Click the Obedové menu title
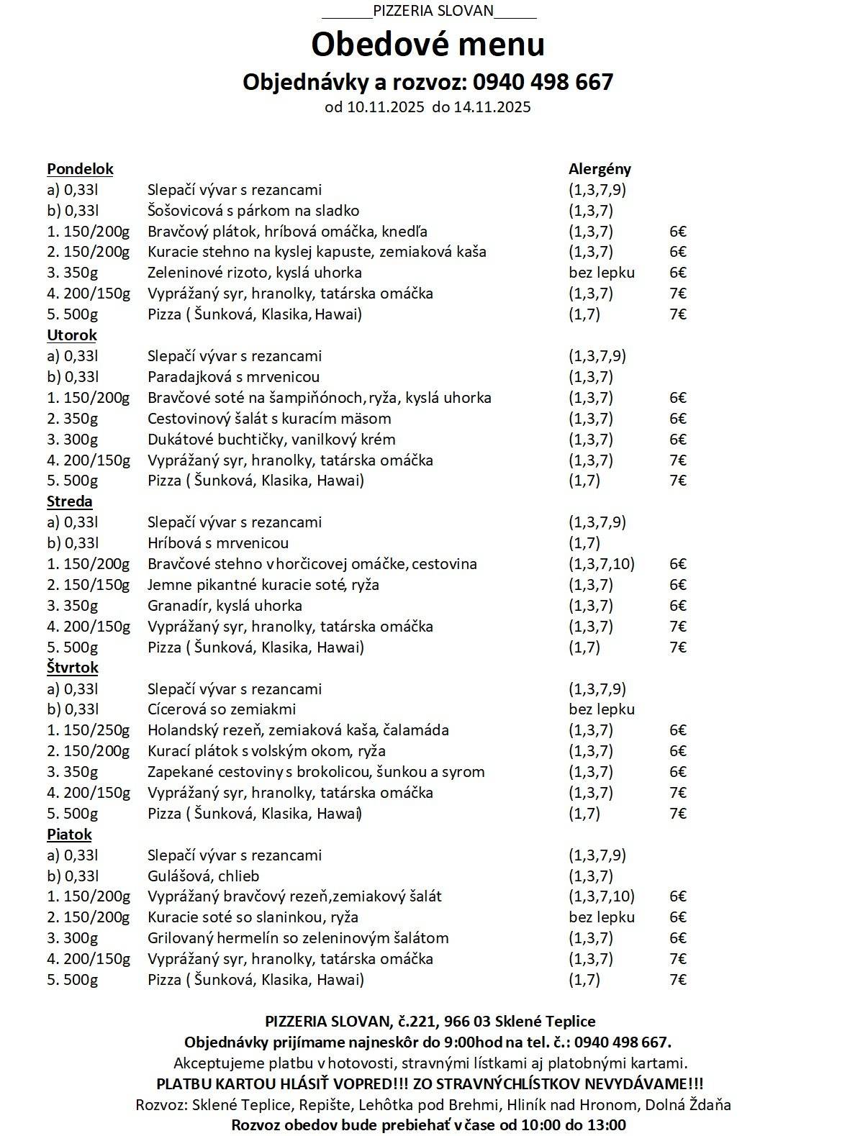coord(428,45)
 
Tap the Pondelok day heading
coord(80,169)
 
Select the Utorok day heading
coord(72,335)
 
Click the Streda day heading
coord(70,501)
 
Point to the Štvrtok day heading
coord(73,668)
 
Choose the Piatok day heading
coord(69,835)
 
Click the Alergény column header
coord(600,169)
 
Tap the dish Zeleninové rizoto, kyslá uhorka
coord(254,273)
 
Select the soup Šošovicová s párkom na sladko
coord(253,211)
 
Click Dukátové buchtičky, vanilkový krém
coord(271,440)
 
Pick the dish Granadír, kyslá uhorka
coord(225,606)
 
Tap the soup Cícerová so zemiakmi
coord(222,709)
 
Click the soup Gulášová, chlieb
coord(203,876)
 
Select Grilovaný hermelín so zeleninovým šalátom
coord(298,938)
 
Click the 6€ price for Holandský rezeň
coord(677,730)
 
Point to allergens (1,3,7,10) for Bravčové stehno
coord(601,564)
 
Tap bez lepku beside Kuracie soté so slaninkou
coord(601,917)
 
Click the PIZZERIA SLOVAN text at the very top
coord(433,11)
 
